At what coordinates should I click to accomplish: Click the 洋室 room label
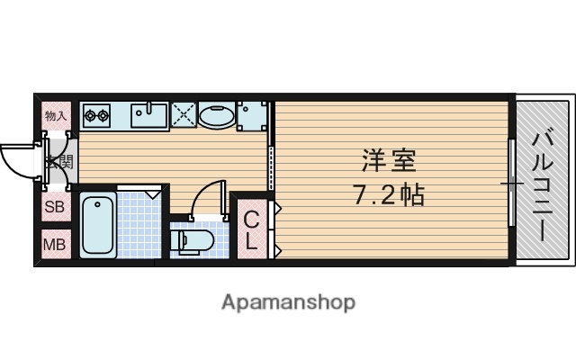click(x=389, y=162)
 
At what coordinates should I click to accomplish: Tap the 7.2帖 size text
click(x=388, y=193)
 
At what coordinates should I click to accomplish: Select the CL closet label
click(x=251, y=230)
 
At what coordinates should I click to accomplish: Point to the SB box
click(x=55, y=207)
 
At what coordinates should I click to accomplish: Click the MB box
click(x=55, y=244)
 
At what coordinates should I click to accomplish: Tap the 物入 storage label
click(x=56, y=116)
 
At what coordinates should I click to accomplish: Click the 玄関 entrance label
click(x=60, y=163)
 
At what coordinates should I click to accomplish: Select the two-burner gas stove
click(x=96, y=115)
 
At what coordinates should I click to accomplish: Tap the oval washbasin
click(x=216, y=116)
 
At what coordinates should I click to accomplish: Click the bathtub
click(x=97, y=225)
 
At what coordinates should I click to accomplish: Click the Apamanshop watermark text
click(x=288, y=301)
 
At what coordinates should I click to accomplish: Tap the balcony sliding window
click(x=512, y=184)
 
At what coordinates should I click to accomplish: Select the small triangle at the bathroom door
click(x=152, y=192)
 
